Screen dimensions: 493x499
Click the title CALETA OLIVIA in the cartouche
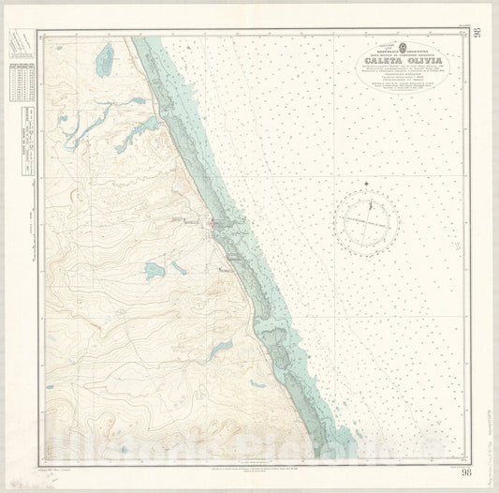coord(399,64)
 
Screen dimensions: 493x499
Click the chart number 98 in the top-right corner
coord(477,35)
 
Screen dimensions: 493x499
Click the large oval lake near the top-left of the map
coord(104,60)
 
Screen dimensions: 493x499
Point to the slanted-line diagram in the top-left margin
coord(18,42)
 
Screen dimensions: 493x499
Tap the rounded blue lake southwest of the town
coord(154,271)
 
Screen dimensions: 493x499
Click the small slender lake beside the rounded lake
coord(178,267)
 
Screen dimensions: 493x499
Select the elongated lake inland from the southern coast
coord(221,349)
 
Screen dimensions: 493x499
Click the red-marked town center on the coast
coord(216,224)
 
